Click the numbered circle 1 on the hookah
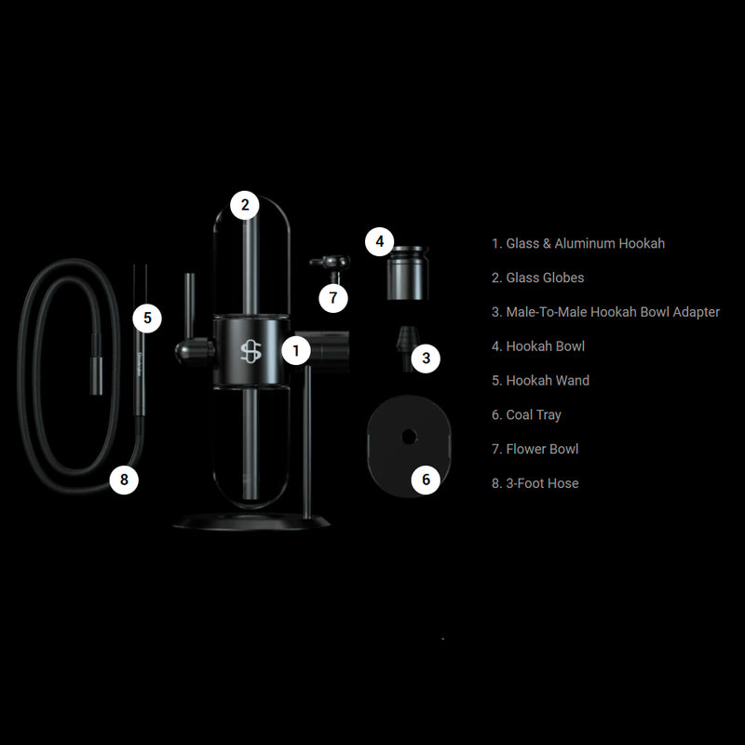coord(296,351)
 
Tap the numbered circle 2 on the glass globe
coord(245,205)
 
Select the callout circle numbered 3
coord(426,358)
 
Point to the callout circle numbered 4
coord(380,241)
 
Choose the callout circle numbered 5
coord(147,318)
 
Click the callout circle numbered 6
coord(426,480)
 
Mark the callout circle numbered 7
coord(333,298)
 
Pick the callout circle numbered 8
coord(124,480)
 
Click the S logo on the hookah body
coord(251,352)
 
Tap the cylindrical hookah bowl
coord(407,273)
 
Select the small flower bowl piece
coord(332,267)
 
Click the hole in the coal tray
coord(409,436)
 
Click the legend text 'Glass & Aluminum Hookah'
coord(586,243)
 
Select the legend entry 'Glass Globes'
coord(545,278)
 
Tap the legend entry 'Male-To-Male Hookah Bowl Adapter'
coord(613,312)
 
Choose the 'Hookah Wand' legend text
coord(548,380)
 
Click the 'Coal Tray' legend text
coord(534,414)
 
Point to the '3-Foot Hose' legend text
coord(542,483)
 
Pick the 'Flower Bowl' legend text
coord(542,449)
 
